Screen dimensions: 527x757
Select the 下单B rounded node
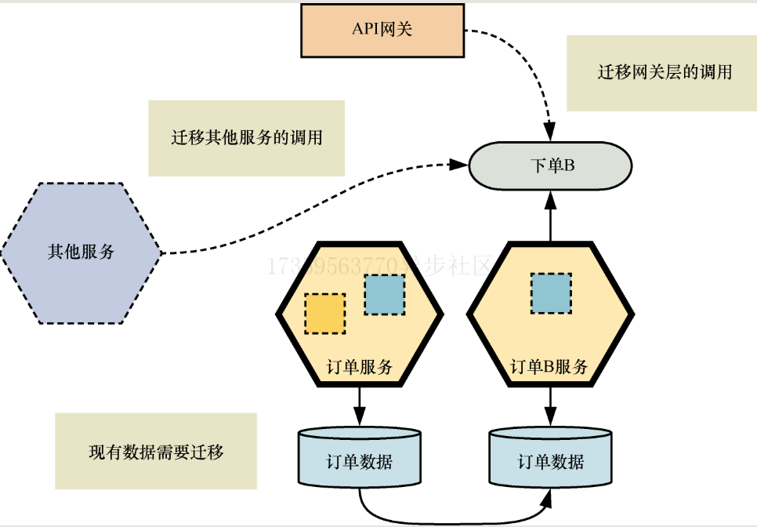550,165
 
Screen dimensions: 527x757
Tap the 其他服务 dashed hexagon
81,253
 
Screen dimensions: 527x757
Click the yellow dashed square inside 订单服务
324,313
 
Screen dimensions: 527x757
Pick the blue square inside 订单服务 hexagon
385,295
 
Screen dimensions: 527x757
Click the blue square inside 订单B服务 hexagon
550,292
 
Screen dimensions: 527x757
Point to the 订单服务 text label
360,366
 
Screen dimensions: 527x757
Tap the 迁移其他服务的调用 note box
246,138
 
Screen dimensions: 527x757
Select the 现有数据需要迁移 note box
156,452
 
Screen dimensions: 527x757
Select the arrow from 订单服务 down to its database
360,406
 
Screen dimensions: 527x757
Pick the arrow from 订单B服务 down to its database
550,406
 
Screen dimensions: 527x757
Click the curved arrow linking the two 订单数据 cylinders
455,520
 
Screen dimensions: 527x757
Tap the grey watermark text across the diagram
380,267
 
